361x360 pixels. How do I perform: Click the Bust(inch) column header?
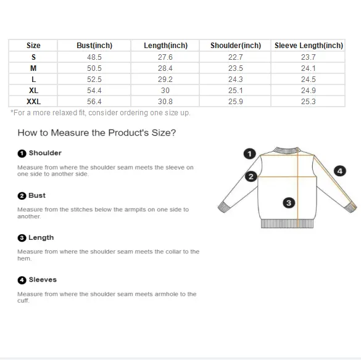(x=94, y=46)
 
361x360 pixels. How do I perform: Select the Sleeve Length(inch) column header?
(x=309, y=46)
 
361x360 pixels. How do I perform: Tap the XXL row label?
(x=33, y=102)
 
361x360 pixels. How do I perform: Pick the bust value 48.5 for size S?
(x=94, y=57)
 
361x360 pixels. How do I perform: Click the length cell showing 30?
(x=165, y=91)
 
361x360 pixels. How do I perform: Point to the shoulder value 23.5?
(x=236, y=68)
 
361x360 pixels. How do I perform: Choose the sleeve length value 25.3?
(x=309, y=102)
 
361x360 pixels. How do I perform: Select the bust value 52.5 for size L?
(x=94, y=80)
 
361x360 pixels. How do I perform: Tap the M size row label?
(x=33, y=68)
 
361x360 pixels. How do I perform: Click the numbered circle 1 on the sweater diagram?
(x=249, y=153)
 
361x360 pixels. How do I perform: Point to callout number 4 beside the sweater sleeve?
(x=340, y=171)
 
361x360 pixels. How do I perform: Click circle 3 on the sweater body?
(x=289, y=203)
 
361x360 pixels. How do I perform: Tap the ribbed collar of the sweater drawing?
(x=287, y=150)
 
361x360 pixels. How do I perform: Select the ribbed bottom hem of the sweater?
(x=287, y=224)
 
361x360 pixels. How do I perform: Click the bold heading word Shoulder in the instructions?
(x=45, y=153)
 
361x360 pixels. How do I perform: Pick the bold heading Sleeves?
(x=43, y=280)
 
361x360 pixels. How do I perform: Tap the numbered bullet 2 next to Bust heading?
(x=22, y=196)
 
